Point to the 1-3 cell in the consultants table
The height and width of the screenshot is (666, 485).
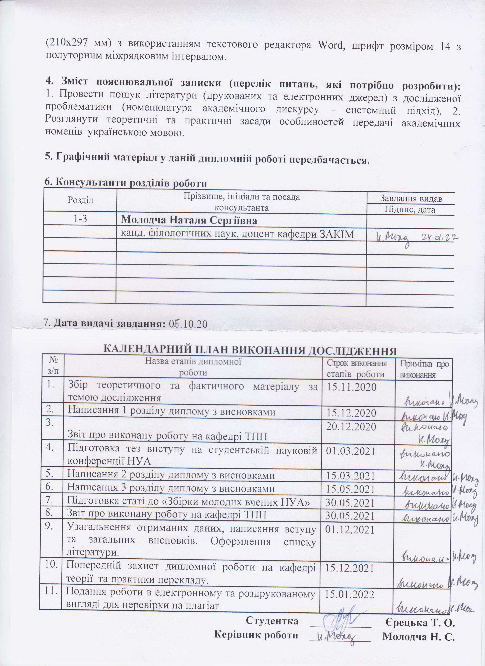80,219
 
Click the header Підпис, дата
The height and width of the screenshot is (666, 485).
410,209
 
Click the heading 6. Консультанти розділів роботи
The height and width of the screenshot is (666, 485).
126,183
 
